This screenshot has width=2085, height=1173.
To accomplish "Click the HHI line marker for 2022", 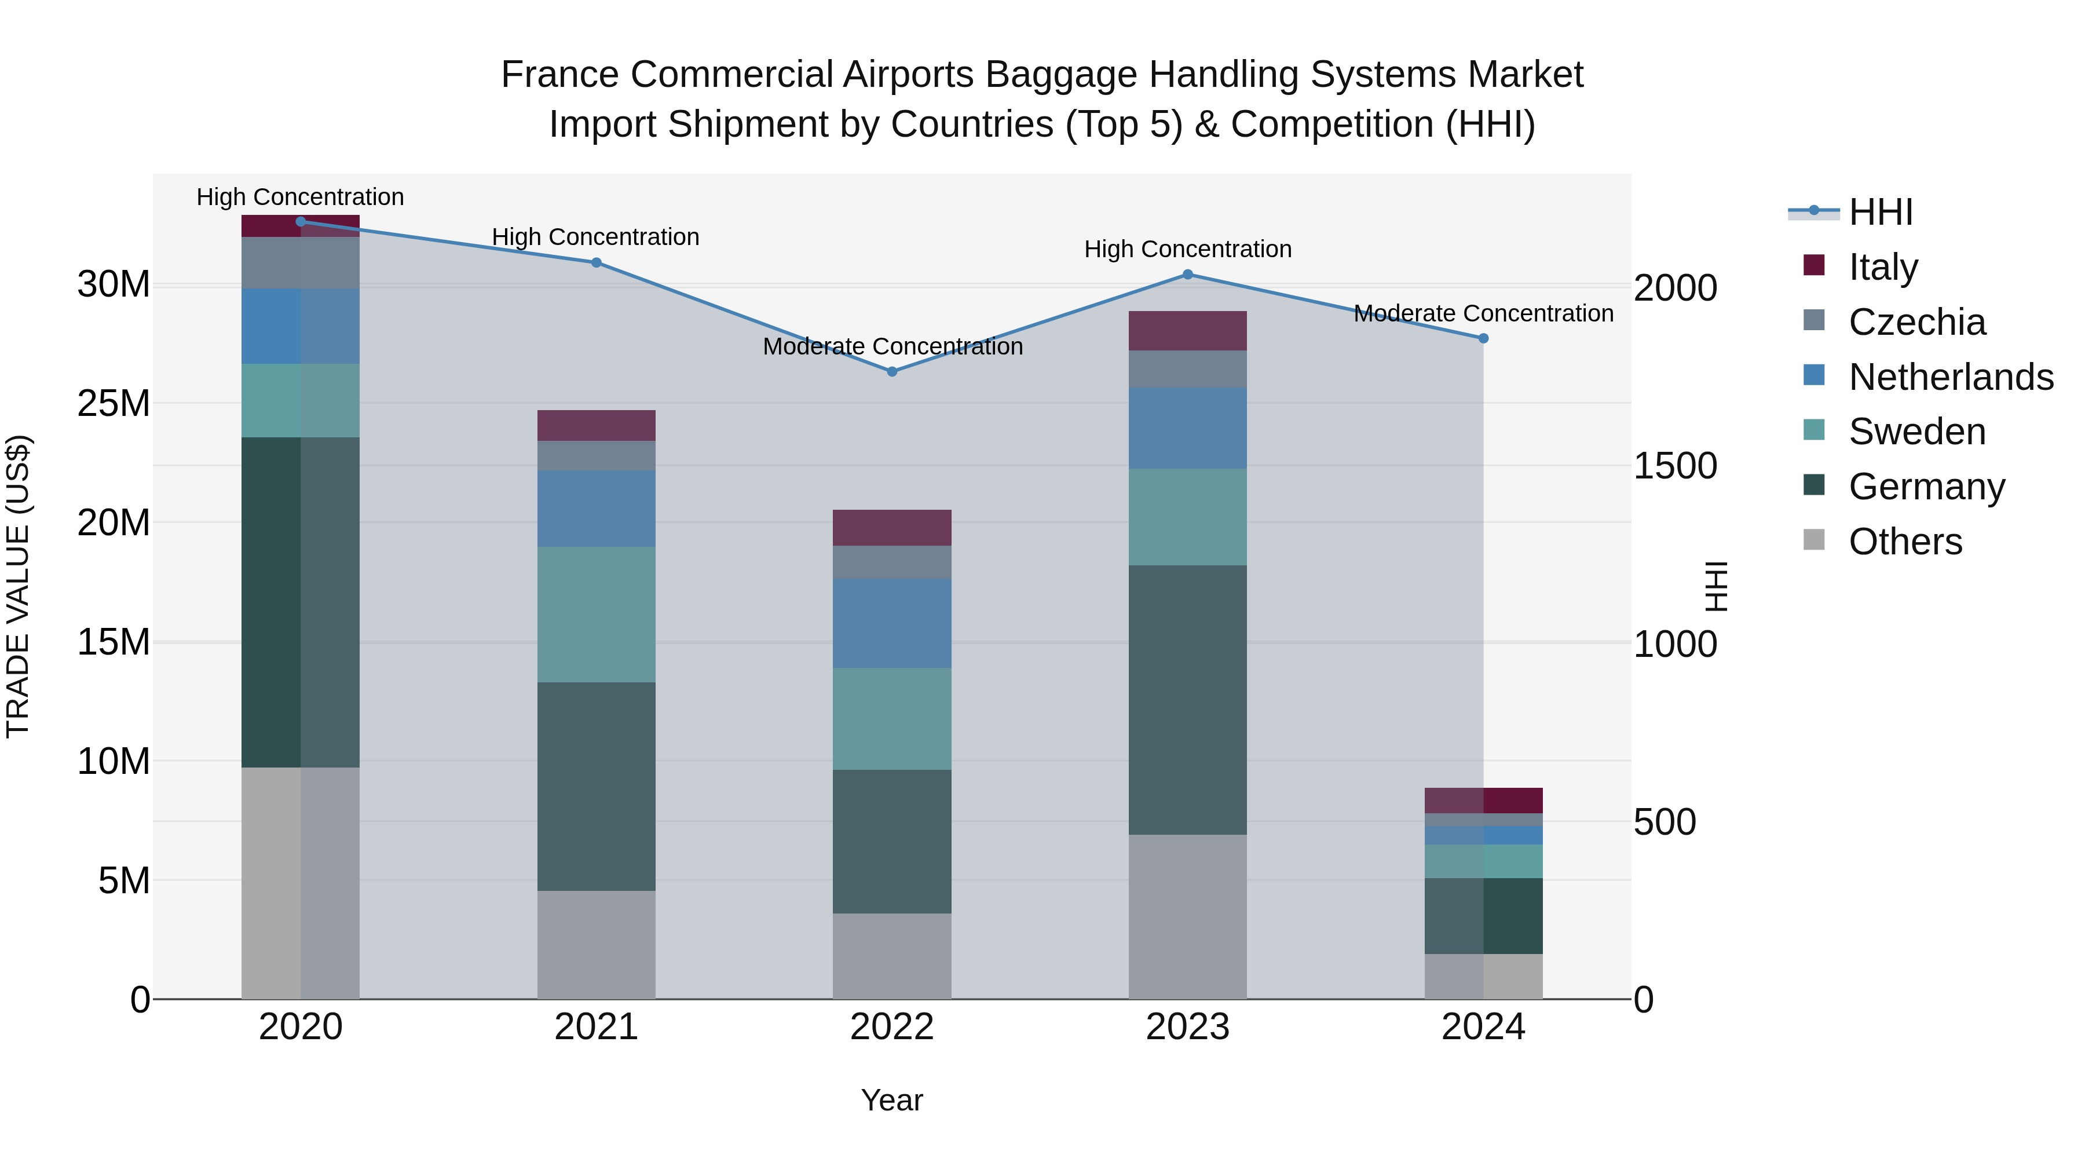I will tap(892, 371).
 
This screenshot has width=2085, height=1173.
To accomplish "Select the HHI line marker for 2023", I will tap(1187, 275).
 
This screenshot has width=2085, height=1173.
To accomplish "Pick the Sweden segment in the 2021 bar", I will tap(596, 615).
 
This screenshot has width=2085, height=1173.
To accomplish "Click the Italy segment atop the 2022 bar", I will tap(892, 528).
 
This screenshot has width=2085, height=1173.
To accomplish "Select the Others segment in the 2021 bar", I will tap(596, 945).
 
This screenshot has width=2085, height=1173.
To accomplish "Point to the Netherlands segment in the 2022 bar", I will tap(892, 623).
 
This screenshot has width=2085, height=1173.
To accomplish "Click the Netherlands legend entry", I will tap(1951, 377).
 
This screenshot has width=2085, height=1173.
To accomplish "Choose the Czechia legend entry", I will tap(1916, 322).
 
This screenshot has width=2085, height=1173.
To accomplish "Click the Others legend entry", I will tap(1905, 542).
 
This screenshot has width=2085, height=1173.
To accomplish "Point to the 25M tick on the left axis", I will tap(114, 403).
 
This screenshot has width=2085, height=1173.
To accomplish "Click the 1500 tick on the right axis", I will tap(1674, 466).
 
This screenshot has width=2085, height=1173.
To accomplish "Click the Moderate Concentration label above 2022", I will tap(892, 346).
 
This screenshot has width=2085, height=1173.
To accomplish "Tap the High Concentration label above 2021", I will tap(596, 237).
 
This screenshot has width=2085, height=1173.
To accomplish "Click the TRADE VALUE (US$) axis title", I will tap(18, 586).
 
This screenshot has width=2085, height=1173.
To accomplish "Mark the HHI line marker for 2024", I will tap(1483, 338).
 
